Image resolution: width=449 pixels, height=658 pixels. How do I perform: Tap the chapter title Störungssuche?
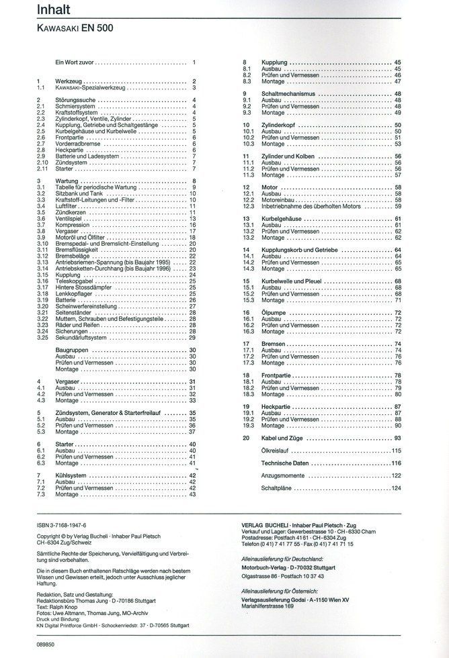click(x=75, y=100)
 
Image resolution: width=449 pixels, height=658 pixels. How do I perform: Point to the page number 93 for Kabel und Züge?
click(x=397, y=437)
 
